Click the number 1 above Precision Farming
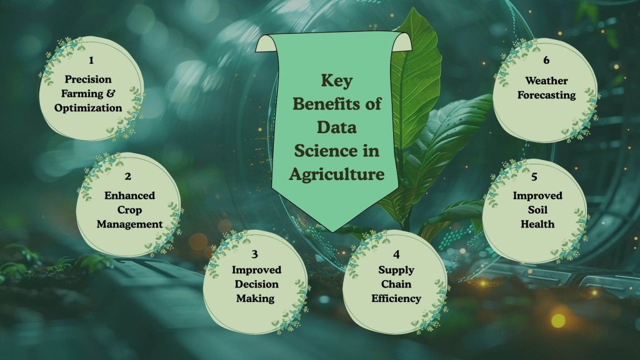click(x=91, y=61)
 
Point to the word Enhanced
click(x=129, y=196)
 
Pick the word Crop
click(x=129, y=210)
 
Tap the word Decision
click(x=256, y=284)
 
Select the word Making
click(x=256, y=298)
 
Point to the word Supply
click(x=396, y=270)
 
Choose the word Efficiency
click(x=396, y=298)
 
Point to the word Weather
click(x=546, y=81)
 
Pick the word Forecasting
click(x=546, y=95)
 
